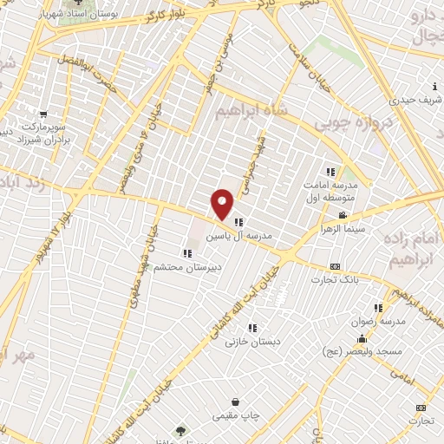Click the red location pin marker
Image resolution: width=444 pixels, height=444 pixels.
tap(223, 203)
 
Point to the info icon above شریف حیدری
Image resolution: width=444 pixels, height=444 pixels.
tap(434, 85)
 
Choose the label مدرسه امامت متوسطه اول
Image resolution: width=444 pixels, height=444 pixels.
tap(335, 193)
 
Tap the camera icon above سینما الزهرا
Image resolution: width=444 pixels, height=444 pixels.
tap(343, 215)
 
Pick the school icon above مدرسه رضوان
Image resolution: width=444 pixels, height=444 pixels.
tap(377, 307)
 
